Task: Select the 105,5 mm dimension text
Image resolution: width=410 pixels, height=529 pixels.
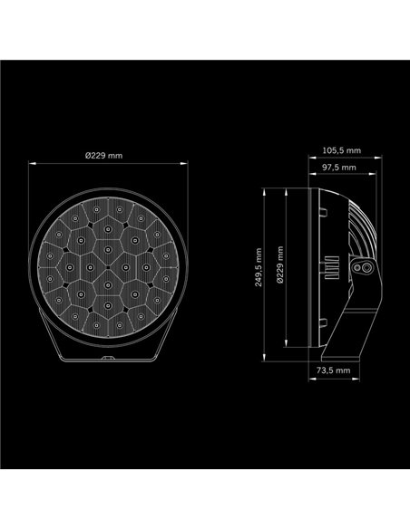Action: click(x=341, y=150)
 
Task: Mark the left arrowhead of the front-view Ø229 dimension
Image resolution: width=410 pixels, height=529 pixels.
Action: click(x=32, y=164)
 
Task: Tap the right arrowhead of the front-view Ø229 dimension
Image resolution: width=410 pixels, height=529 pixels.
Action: click(x=190, y=164)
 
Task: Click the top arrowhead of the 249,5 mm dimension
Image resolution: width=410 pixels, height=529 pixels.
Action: click(x=264, y=190)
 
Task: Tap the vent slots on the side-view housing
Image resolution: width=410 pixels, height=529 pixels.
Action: click(x=357, y=226)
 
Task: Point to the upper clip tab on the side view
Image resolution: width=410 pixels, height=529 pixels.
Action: click(x=322, y=210)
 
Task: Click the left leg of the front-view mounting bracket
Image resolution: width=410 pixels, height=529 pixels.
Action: click(x=56, y=344)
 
